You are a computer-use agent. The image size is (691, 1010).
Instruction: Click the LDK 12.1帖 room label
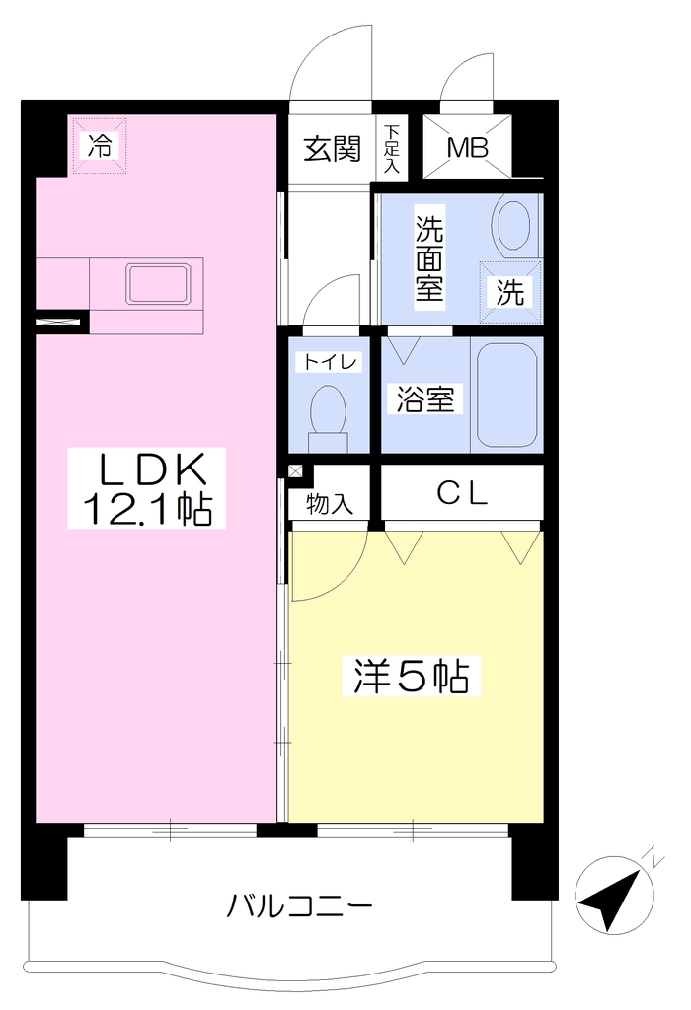[x=146, y=488]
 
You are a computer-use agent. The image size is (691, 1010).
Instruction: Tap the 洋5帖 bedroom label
[x=411, y=676]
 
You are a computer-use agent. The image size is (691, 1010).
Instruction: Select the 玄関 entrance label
[x=332, y=149]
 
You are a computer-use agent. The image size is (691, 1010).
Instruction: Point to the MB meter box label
[x=467, y=148]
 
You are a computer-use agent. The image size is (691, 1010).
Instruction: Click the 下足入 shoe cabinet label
[x=391, y=149]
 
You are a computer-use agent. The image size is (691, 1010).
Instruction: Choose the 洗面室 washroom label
[x=429, y=257]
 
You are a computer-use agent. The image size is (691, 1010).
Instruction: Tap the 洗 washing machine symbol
[x=510, y=292]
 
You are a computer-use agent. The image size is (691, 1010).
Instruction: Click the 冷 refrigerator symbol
[x=99, y=146]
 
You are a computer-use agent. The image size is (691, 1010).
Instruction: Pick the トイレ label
[x=330, y=361]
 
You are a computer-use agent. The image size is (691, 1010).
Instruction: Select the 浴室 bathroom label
[x=425, y=398]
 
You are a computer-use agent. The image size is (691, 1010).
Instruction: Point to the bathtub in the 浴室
[x=506, y=395]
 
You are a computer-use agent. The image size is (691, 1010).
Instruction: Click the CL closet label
[x=462, y=493]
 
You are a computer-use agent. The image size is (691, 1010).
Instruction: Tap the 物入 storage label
[x=330, y=504]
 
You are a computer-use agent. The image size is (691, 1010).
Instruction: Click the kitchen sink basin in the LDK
[x=159, y=283]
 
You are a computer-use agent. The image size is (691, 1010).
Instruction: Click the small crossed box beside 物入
[x=295, y=470]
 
